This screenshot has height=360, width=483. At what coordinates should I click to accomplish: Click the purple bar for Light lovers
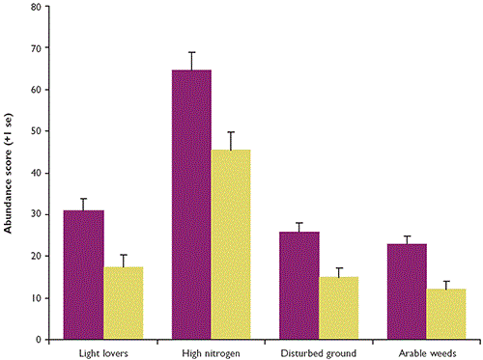pos(84,275)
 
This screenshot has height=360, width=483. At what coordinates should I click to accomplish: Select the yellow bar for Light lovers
pos(124,303)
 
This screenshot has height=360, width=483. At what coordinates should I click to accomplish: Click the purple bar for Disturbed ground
pos(298,286)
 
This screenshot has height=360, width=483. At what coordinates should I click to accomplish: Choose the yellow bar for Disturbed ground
pos(338,308)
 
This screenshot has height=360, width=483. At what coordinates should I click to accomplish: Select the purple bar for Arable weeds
pos(406,291)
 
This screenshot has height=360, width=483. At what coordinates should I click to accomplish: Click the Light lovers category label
pos(104,351)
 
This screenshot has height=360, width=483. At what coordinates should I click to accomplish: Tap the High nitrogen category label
pos(212,351)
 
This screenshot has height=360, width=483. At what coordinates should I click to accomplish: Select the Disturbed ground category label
pos(319,351)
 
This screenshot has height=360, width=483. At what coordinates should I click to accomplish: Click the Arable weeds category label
pos(426,351)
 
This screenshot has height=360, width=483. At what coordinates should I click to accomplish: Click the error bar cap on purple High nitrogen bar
pos(191,52)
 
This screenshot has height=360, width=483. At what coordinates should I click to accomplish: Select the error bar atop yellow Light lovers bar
pos(124,256)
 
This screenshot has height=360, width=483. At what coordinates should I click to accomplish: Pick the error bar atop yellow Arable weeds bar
pos(445,282)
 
